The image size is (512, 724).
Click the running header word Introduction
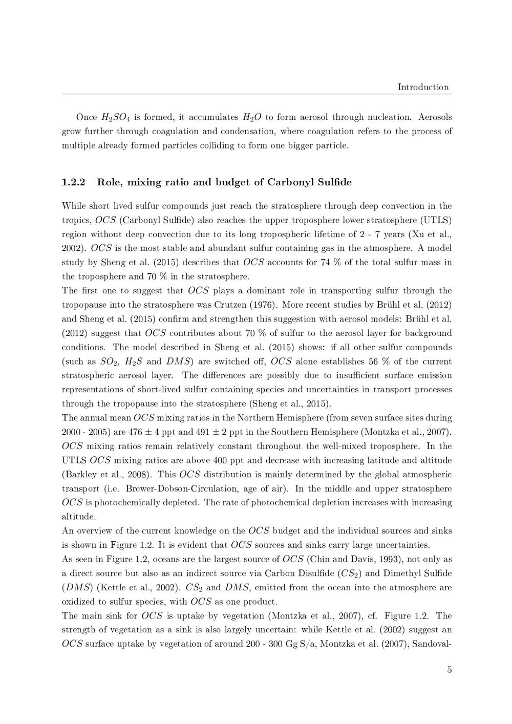tap(423, 87)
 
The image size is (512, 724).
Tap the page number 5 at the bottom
tap(449, 669)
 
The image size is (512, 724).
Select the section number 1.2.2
tap(73, 182)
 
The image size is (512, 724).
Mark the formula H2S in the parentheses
tap(134, 361)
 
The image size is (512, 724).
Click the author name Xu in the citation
tap(418, 235)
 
